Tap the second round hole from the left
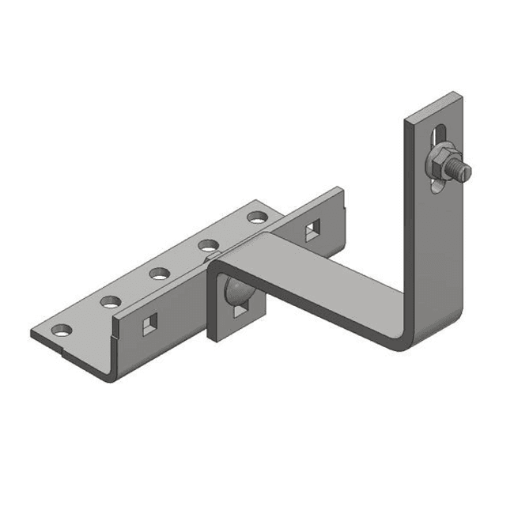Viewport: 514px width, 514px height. tap(109, 300)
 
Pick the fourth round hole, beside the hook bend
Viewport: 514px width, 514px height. tap(208, 244)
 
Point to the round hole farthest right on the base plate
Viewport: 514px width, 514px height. tap(256, 216)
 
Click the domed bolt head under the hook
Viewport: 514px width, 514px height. tap(236, 289)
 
